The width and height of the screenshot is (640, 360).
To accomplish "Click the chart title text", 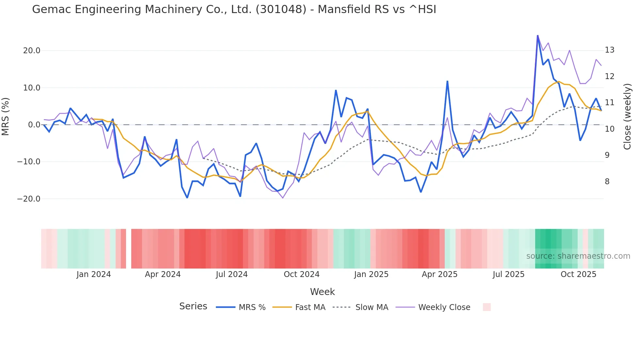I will (x=234, y=9).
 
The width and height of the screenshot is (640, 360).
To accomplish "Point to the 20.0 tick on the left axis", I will (x=32, y=51).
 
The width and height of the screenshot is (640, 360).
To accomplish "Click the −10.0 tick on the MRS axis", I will (x=29, y=162).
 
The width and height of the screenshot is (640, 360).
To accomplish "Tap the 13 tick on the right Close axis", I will (x=609, y=50).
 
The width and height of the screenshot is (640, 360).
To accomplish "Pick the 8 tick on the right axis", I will (x=607, y=182).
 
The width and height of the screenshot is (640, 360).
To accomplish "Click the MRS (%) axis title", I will (x=5, y=117).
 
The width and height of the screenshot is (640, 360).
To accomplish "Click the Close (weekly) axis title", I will (x=627, y=117).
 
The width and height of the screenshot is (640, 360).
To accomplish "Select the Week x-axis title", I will (x=322, y=292).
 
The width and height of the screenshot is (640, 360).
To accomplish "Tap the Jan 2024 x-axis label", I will (x=93, y=274).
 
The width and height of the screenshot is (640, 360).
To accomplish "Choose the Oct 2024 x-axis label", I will (x=301, y=274).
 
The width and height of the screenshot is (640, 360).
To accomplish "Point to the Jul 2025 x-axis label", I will (x=508, y=274).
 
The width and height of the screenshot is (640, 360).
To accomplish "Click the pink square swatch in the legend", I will (x=487, y=307).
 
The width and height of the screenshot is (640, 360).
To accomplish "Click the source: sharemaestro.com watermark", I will (x=578, y=256).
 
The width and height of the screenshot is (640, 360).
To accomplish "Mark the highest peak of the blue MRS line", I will (x=537, y=36).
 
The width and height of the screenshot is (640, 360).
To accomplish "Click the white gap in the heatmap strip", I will (x=129, y=249).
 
